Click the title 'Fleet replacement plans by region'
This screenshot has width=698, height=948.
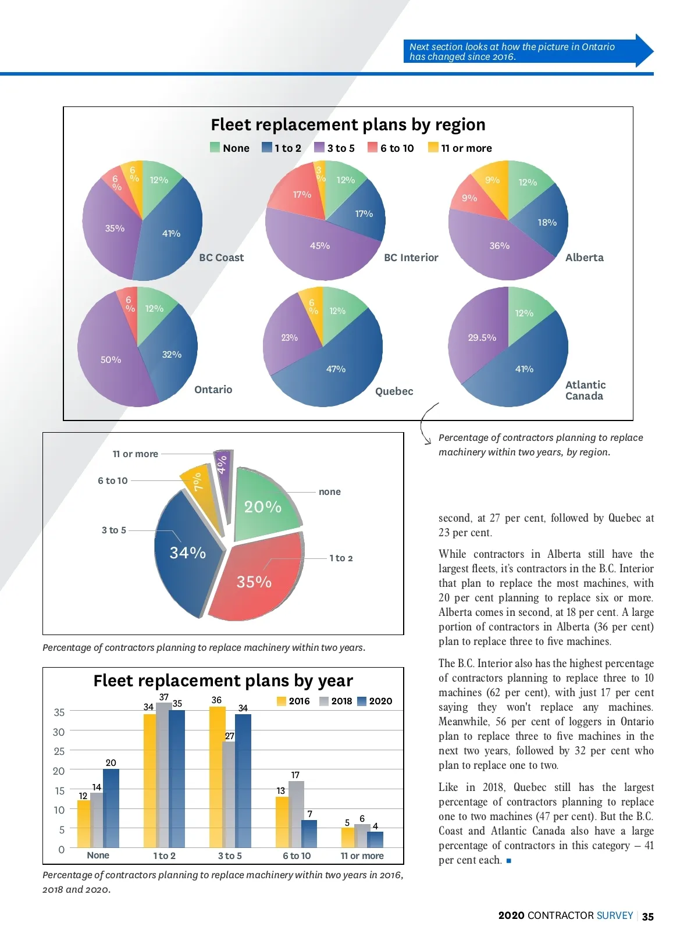click(348, 124)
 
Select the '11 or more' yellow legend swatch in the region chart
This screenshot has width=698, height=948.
click(433, 148)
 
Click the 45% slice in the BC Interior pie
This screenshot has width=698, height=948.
click(320, 247)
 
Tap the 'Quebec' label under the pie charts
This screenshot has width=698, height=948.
click(394, 391)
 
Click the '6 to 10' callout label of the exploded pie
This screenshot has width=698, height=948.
click(113, 480)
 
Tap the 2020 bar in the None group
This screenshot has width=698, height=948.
click(111, 808)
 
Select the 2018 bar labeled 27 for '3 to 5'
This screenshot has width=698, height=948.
click(229, 794)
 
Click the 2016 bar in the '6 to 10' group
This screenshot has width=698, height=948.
click(282, 822)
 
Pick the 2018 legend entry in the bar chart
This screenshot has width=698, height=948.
click(336, 701)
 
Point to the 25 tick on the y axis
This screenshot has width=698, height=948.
click(59, 751)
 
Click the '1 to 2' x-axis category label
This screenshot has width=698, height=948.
click(164, 856)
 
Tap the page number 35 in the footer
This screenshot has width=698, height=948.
click(647, 917)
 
